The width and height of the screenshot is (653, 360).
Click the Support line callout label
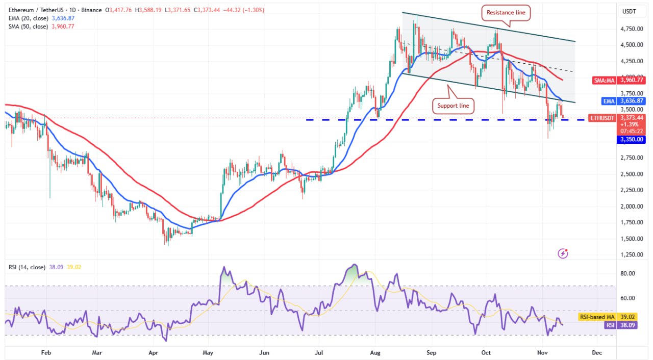[x=453, y=106]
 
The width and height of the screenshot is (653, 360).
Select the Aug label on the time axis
[x=376, y=352]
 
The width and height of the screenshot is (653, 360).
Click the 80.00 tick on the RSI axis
[x=627, y=274]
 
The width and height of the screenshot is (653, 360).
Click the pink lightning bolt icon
[x=563, y=253]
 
